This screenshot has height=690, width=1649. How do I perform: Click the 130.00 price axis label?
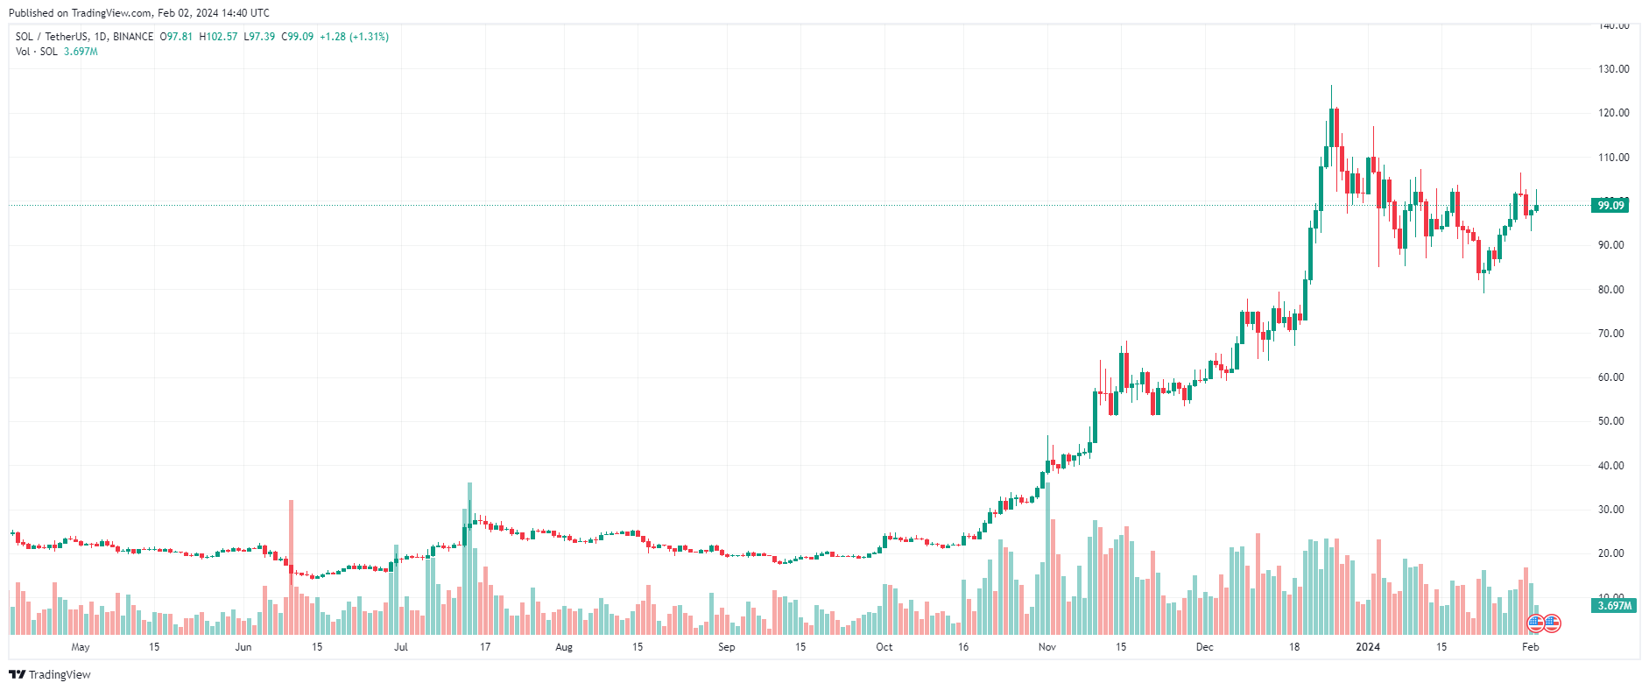point(1613,69)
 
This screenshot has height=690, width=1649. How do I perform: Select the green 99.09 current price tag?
point(1610,205)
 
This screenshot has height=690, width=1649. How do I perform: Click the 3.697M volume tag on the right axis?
point(1614,605)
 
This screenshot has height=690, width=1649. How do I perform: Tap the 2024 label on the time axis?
point(1367,647)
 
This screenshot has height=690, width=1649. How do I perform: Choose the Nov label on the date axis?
point(1046,647)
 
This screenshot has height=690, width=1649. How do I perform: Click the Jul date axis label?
point(400,647)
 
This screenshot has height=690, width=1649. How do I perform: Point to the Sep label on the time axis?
point(726,647)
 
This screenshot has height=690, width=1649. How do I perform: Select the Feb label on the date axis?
point(1530,647)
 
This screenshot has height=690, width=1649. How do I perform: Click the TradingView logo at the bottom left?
point(50,674)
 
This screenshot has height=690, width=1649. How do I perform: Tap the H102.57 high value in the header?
point(218,37)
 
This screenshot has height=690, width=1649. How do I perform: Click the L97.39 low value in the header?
point(259,37)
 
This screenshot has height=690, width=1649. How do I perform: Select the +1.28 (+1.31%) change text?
point(354,37)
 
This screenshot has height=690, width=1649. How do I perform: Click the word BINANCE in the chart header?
point(133,37)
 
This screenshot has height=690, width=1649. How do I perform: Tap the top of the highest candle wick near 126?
point(1331,87)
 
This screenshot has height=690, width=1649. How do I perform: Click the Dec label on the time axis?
point(1204,647)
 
